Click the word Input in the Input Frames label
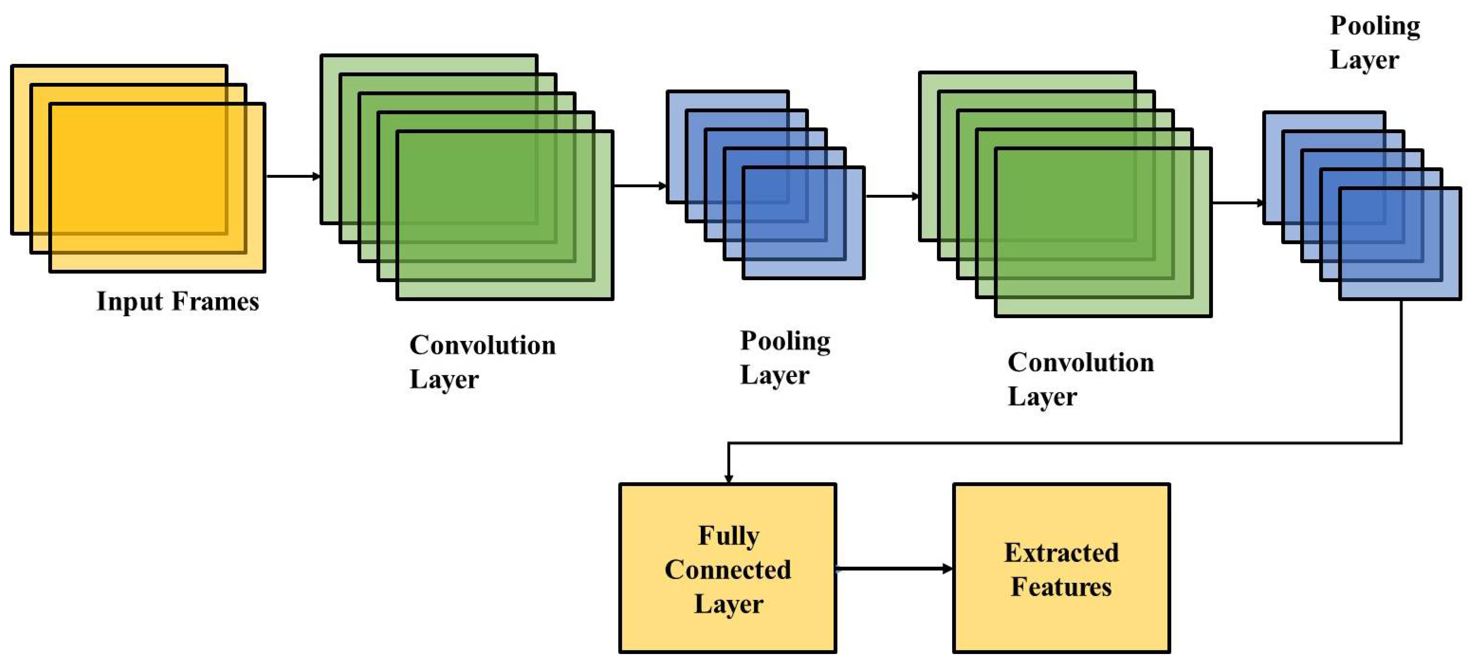[x=130, y=301]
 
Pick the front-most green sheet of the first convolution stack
[x=504, y=215]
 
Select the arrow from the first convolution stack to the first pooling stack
[x=639, y=185]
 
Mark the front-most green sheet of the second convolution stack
[x=1103, y=232]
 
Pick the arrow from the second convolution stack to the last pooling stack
[x=1237, y=202]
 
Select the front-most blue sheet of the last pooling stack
[x=1400, y=244]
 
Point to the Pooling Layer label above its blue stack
[x=1374, y=43]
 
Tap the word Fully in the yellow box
[x=728, y=536]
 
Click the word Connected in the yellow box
[x=728, y=570]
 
